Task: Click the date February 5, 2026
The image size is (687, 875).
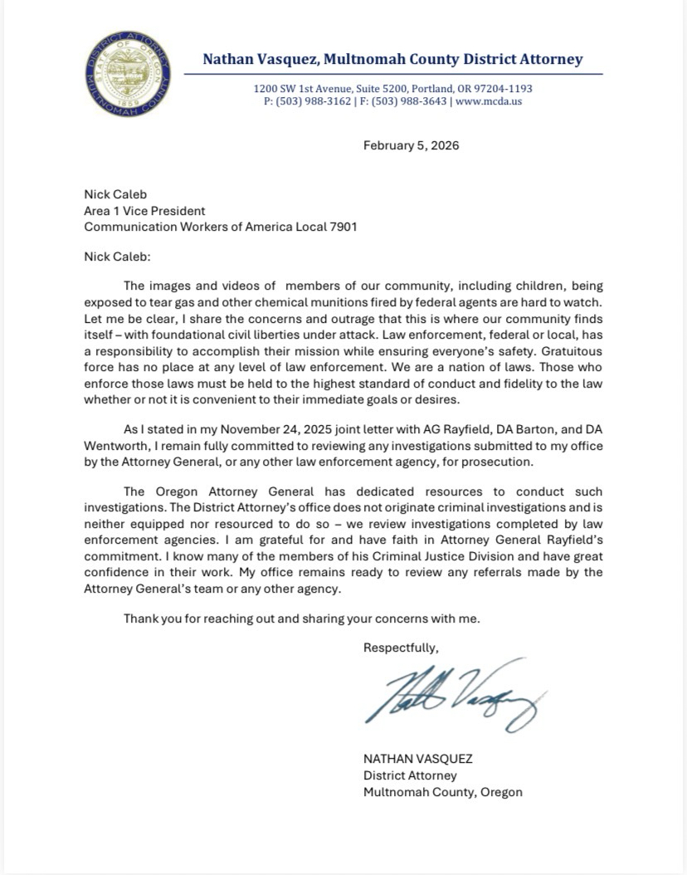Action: click(411, 145)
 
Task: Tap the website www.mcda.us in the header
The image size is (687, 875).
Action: click(489, 101)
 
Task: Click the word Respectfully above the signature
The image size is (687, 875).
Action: click(401, 648)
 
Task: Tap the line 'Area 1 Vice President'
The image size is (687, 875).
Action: click(144, 210)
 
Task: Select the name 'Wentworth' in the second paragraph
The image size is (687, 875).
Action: click(117, 446)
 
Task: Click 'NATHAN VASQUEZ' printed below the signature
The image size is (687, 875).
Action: click(417, 759)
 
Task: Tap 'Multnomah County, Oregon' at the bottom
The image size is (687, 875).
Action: click(443, 791)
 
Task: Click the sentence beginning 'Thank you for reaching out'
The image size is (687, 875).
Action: click(302, 618)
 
